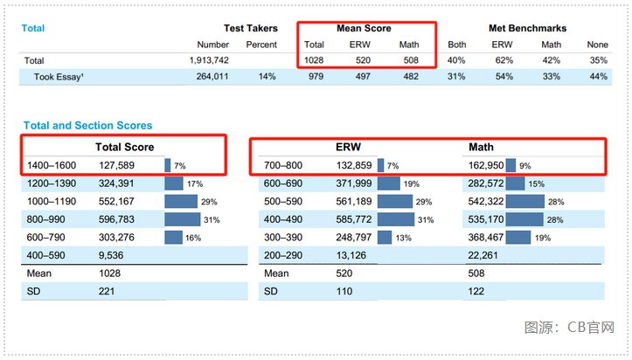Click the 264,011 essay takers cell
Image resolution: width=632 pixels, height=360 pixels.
tap(210, 77)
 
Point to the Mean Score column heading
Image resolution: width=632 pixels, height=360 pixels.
tap(364, 28)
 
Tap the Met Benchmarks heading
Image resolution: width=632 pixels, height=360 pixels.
tap(527, 28)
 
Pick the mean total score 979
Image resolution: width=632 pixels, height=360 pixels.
tap(314, 77)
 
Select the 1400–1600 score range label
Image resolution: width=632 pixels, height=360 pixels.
tap(52, 165)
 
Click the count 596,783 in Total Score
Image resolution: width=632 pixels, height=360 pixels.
tap(117, 218)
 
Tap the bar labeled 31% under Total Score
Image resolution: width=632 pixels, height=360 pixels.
tap(182, 218)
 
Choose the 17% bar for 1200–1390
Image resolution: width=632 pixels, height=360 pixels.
tap(173, 183)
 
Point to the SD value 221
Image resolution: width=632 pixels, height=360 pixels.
tap(107, 290)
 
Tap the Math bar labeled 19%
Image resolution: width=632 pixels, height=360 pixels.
tap(517, 237)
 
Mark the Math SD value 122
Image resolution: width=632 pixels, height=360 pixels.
tap(477, 290)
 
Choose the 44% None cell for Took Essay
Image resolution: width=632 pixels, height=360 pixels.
tap(597, 77)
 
